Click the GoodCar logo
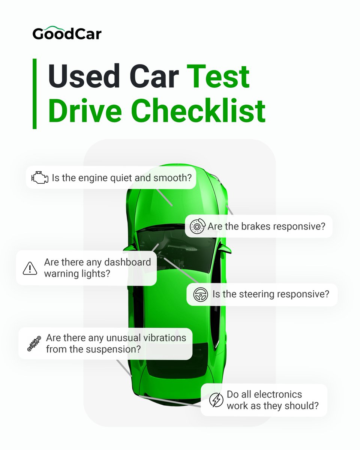click(67, 33)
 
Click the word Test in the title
click(218, 76)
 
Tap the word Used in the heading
click(84, 76)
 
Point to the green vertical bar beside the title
click(34, 94)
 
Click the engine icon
click(40, 177)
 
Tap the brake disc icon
click(198, 226)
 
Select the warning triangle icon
click(30, 268)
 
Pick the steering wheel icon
click(200, 294)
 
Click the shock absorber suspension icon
click(34, 343)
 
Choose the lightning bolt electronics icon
click(216, 400)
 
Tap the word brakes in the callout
click(254, 226)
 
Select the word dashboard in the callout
click(127, 262)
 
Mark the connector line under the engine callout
click(164, 198)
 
